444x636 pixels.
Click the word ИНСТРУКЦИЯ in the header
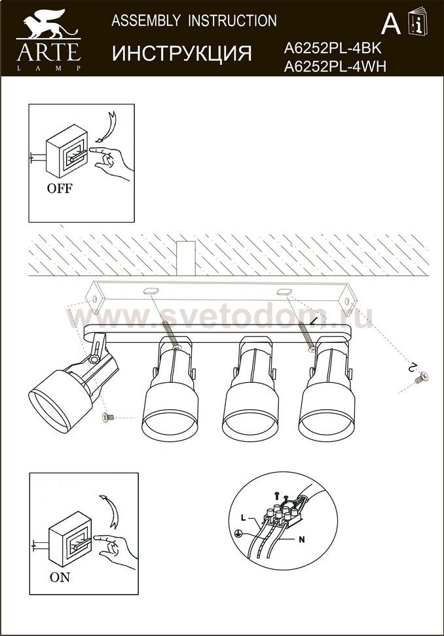coord(182,53)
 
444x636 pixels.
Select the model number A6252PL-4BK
coord(333,49)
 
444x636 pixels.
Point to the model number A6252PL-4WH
coord(335,66)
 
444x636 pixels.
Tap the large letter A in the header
coord(391,24)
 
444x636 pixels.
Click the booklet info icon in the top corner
coord(418,20)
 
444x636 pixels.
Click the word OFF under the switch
coord(60,189)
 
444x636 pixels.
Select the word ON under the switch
coord(60,577)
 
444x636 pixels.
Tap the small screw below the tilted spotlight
coord(108,417)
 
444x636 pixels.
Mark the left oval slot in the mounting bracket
coord(149,290)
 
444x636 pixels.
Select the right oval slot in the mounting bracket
coord(284,291)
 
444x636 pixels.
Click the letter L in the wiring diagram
coord(243,517)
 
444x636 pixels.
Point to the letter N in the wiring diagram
coord(301,540)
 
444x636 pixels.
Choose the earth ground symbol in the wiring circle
coord(238,534)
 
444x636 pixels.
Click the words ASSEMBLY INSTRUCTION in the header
coord(194,21)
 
